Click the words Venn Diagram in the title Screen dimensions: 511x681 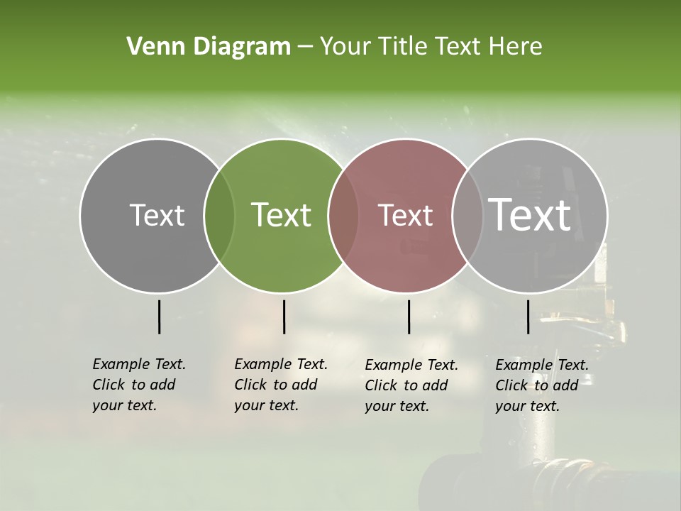(x=209, y=47)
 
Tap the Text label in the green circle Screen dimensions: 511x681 (x=282, y=215)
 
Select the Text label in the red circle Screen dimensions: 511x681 (x=405, y=215)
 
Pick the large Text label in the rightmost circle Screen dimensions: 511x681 (x=530, y=214)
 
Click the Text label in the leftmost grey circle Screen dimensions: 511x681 (x=157, y=215)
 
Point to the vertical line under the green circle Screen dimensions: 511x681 (x=284, y=317)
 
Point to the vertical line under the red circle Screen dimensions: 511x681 (x=409, y=317)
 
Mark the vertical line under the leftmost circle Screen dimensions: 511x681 (x=159, y=317)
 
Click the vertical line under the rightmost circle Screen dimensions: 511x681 (x=528, y=317)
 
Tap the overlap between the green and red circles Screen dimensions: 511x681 (x=343, y=215)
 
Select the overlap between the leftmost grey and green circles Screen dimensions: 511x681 (x=219, y=215)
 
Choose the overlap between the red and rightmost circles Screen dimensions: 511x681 (x=467, y=215)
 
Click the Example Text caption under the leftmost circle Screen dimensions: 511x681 (x=138, y=385)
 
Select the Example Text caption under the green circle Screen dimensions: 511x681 (x=280, y=385)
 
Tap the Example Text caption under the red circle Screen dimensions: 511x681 (x=411, y=385)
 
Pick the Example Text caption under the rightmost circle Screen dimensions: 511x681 (x=541, y=385)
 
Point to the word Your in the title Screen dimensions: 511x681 (x=344, y=47)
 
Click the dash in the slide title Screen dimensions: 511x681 (x=305, y=47)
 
